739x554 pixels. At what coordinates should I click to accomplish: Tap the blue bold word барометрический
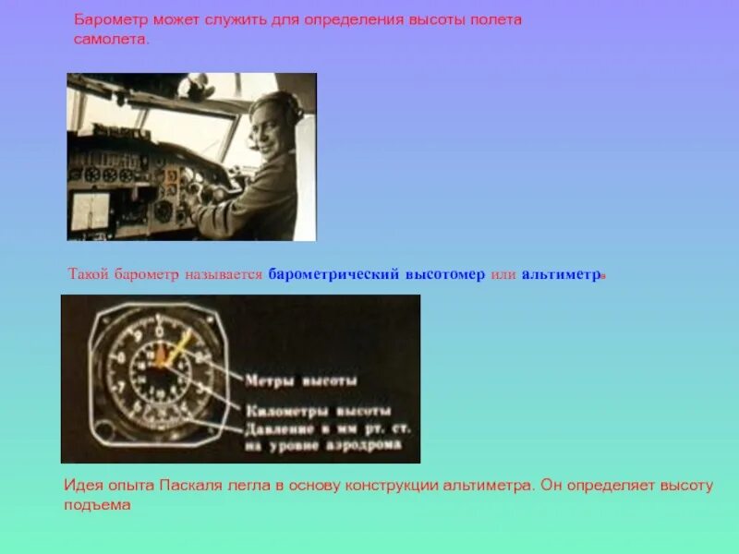point(333,275)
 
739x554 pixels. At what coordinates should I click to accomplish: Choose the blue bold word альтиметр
point(561,275)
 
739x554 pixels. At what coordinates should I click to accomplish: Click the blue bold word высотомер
point(442,275)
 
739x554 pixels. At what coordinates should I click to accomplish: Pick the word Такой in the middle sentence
point(89,275)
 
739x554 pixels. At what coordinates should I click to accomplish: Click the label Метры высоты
point(301,379)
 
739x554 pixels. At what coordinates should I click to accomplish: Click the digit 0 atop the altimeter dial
point(159,330)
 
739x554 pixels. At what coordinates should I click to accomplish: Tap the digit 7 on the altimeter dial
point(117,384)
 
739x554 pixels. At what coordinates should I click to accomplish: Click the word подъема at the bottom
point(98,505)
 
